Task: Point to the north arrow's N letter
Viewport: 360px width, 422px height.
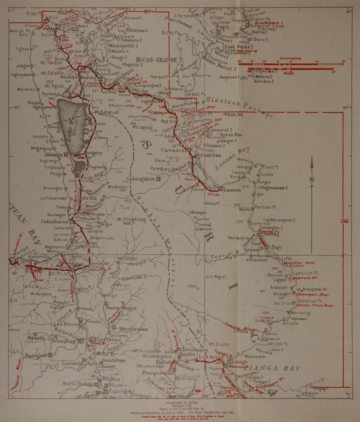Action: coord(312,180)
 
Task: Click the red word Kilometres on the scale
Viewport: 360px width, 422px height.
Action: coord(291,58)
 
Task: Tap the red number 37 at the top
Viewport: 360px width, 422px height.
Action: coord(147,12)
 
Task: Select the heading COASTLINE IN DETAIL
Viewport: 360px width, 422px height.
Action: coord(180,402)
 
